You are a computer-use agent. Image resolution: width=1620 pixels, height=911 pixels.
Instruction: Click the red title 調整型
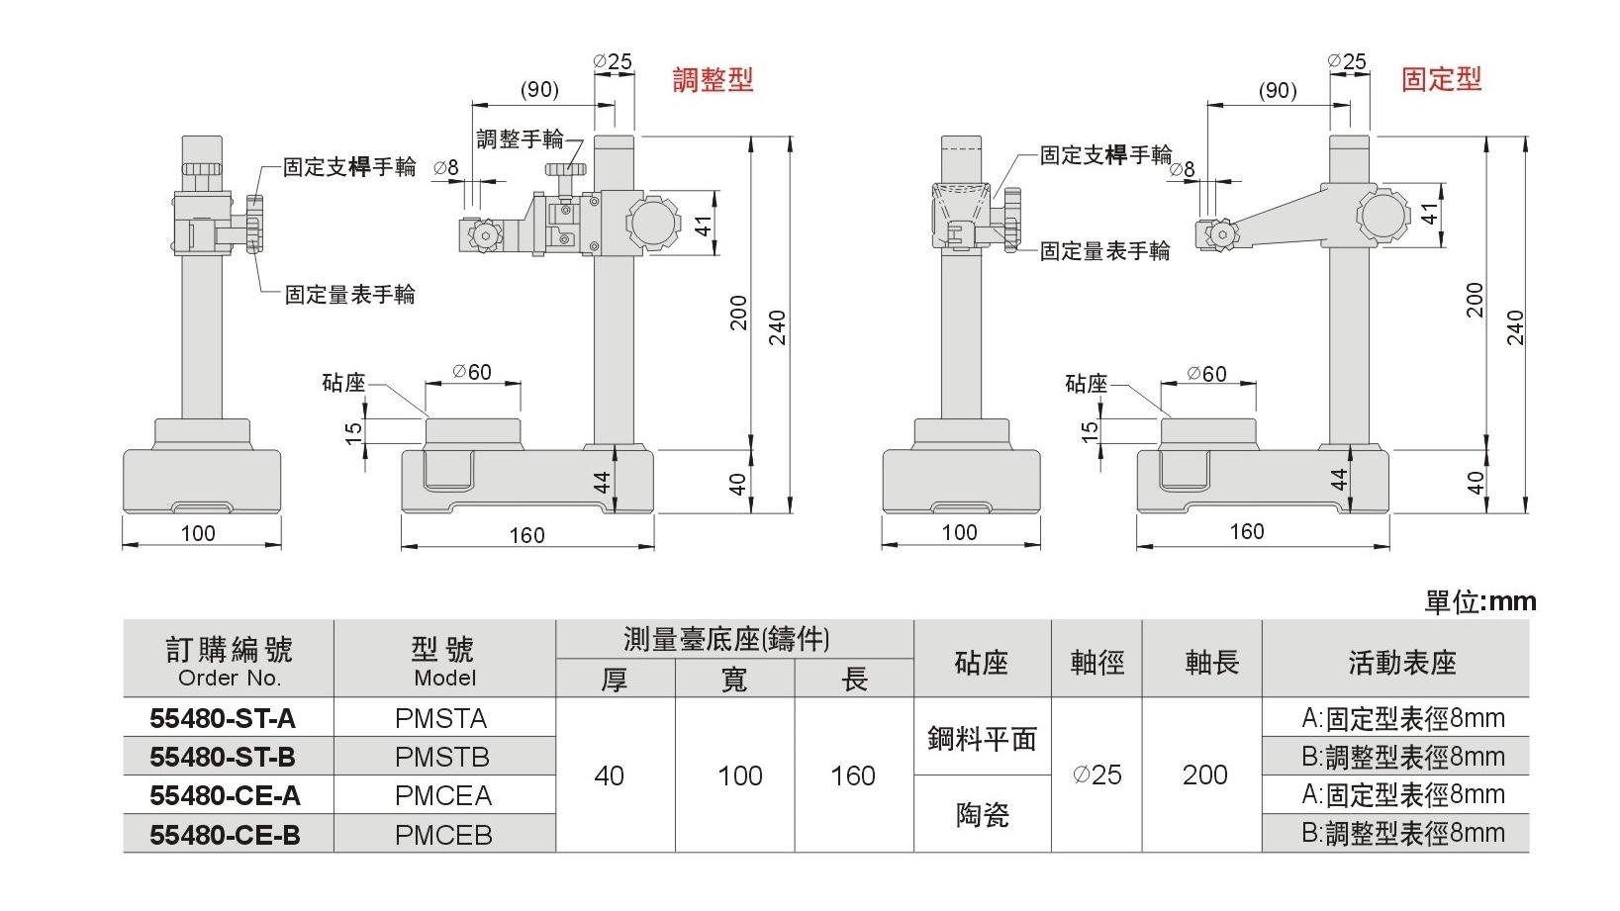713,80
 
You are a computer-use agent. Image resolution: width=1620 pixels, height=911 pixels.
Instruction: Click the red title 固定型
1441,79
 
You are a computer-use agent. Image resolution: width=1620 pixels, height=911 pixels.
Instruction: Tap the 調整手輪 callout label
520,138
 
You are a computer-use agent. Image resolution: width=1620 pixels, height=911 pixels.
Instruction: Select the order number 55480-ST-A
223,717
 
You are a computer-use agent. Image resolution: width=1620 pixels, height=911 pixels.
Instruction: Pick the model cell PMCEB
442,834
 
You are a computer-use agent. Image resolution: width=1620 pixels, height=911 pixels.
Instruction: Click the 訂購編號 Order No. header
229,661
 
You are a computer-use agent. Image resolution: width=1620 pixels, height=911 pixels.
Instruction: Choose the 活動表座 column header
1401,663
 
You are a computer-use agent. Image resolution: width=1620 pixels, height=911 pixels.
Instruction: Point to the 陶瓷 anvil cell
982,814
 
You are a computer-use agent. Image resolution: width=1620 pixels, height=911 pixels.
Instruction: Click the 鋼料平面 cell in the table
982,738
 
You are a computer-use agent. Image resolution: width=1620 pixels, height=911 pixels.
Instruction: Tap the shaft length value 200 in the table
1204,774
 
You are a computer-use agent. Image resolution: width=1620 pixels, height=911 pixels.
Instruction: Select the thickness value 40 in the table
609,775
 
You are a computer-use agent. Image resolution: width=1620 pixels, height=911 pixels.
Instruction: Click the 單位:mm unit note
1479,600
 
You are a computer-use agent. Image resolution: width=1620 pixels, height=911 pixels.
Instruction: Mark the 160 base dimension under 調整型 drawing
526,535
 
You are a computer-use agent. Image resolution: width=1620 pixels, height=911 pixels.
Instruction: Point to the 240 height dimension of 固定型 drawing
1515,326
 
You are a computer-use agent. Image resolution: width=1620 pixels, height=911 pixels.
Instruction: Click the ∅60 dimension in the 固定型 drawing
1206,374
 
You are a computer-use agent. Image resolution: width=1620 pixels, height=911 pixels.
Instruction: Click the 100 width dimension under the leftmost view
198,533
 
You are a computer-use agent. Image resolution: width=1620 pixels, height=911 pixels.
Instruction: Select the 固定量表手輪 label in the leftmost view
349,294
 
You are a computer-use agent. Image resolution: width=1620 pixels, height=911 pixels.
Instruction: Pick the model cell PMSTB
442,757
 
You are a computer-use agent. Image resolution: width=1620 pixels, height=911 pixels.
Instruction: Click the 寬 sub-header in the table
733,680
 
